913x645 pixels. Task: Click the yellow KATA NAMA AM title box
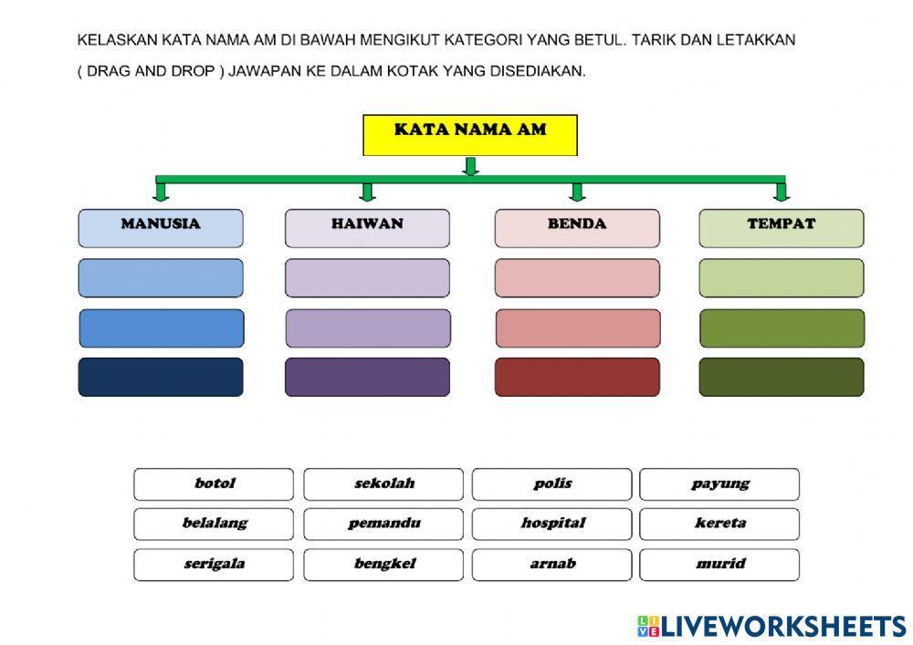[470, 135]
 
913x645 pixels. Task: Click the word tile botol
[214, 484]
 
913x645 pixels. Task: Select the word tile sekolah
[383, 484]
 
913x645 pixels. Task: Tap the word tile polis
[551, 484]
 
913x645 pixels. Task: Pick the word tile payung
[719, 484]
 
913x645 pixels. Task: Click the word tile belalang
[214, 525]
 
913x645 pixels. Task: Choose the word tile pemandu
[383, 525]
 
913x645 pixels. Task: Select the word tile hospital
[551, 525]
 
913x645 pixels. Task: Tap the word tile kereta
[719, 525]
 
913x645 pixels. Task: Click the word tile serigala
[214, 565]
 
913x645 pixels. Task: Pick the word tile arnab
[551, 565]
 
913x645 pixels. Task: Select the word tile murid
[719, 565]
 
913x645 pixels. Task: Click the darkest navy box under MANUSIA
[161, 377]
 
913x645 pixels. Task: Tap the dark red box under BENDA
[577, 377]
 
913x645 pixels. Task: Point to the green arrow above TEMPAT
[781, 191]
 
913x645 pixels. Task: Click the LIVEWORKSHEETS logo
[771, 626]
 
